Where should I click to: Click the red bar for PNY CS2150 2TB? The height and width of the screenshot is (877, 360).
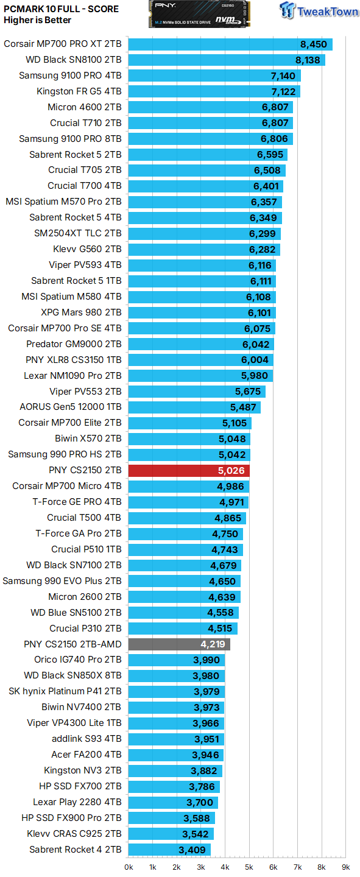[189, 470]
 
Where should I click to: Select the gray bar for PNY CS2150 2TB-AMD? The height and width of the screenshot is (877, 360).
[179, 644]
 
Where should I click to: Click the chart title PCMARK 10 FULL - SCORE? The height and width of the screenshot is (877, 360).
[61, 9]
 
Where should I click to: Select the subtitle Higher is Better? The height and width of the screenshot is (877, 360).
[37, 20]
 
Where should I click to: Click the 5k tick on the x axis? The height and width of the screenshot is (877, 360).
[249, 867]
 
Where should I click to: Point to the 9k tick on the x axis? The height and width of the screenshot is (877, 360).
[345, 867]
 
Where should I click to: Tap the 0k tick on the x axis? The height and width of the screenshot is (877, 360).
[129, 867]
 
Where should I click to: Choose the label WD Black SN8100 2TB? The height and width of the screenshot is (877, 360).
[74, 60]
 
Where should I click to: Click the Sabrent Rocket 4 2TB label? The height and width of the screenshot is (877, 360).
[75, 850]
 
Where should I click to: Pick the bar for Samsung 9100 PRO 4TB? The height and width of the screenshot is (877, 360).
[214, 76]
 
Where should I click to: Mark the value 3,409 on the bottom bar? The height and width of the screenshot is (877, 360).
[193, 850]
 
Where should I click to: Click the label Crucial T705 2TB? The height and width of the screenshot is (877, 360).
[85, 170]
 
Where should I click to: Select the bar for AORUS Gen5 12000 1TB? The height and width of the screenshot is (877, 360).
[194, 407]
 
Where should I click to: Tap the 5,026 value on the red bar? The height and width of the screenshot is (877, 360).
[231, 470]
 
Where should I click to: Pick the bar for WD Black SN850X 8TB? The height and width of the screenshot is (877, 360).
[177, 676]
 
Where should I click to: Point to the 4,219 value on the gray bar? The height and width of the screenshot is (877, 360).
[213, 644]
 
